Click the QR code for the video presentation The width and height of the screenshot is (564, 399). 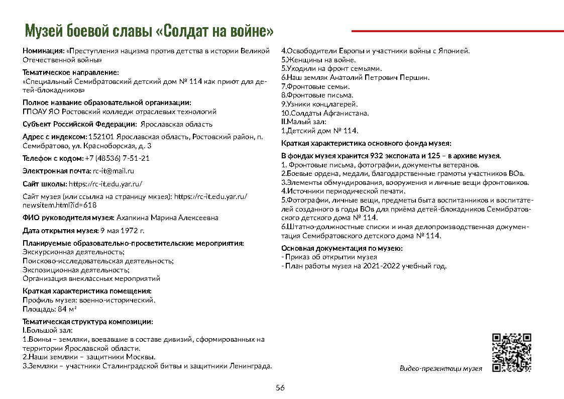tap(511, 352)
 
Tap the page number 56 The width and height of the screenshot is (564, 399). tap(280, 387)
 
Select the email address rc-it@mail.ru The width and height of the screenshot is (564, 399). tap(114, 171)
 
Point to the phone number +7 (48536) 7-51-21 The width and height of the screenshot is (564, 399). tap(117, 158)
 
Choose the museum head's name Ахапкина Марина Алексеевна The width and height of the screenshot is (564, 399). tap(167, 218)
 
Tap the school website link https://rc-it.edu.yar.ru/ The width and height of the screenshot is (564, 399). tap(105, 183)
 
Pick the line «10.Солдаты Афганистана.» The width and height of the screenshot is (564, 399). tap(325, 113)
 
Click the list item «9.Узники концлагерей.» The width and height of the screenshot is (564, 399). tap(319, 104)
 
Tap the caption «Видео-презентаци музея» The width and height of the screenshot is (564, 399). tap(440, 368)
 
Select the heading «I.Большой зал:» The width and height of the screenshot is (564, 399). tap(48, 330)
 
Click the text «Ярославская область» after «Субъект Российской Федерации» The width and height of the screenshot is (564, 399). tap(177, 124)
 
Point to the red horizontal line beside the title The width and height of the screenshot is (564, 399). tap(457, 31)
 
